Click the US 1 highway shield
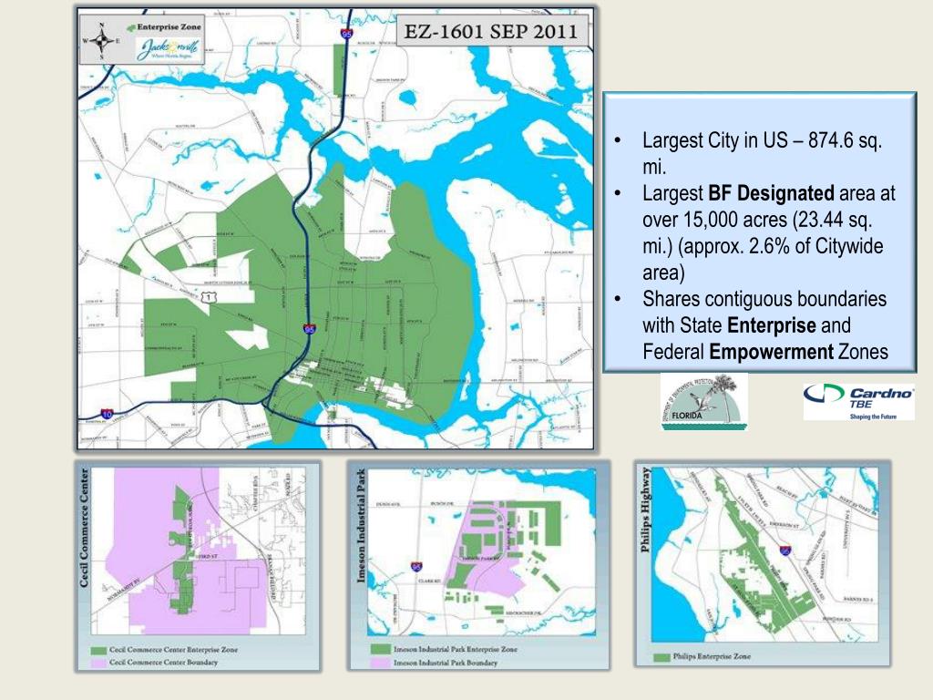click(210, 297)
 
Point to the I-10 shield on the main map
click(108, 414)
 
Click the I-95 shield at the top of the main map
click(346, 34)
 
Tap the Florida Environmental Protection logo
click(703, 402)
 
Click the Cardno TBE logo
click(858, 401)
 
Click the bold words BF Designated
click(771, 193)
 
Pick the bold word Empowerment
click(772, 352)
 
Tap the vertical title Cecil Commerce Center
click(88, 529)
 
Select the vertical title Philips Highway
click(647, 510)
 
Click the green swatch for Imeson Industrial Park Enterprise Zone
click(381, 649)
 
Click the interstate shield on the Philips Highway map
click(784, 551)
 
